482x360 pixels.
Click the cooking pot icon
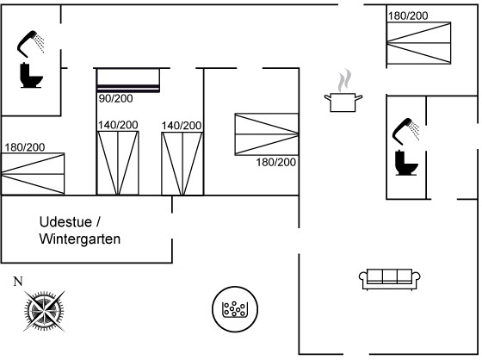343,102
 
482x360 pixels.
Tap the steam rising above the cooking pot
344,80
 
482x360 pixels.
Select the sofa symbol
389,279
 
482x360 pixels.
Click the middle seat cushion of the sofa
390,276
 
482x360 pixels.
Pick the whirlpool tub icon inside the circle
235,309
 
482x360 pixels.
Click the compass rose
44,311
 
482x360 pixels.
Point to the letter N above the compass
18,282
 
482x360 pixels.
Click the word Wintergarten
80,239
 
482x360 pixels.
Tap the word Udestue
65,222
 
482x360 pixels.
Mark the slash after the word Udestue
98,222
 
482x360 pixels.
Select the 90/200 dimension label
116,98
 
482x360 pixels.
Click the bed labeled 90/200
128,80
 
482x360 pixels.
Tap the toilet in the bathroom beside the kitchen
406,163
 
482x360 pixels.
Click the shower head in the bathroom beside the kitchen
405,131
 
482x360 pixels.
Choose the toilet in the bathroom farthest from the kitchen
31,76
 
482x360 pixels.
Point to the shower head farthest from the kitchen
30,44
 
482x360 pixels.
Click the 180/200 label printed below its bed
276,162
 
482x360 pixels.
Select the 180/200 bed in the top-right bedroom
418,43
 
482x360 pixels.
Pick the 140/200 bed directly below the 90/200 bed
118,163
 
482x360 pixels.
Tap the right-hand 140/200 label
182,126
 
